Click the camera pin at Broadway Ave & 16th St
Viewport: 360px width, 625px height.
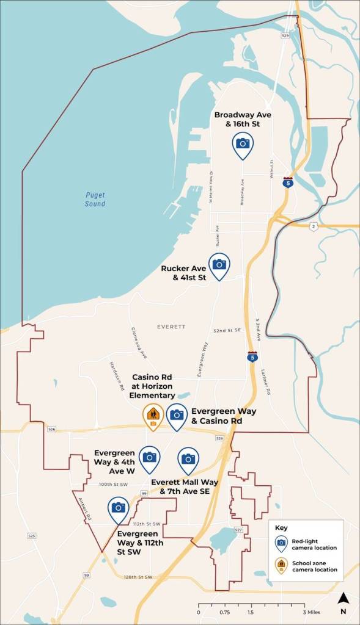pyautogui.click(x=243, y=144)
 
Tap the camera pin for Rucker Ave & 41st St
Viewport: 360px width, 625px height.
pyautogui.click(x=219, y=265)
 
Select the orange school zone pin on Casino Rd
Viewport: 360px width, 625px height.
pyautogui.click(x=153, y=416)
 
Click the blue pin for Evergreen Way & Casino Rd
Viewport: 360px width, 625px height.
pyautogui.click(x=177, y=415)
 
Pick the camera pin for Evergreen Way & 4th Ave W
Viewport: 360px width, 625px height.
pyautogui.click(x=149, y=458)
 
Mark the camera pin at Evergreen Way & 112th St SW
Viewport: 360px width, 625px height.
pyautogui.click(x=118, y=508)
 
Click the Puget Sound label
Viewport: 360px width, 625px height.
pyautogui.click(x=95, y=200)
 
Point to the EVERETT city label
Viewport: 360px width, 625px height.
pyautogui.click(x=171, y=327)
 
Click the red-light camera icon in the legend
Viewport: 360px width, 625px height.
pyautogui.click(x=281, y=542)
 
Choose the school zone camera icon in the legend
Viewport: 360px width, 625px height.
pyautogui.click(x=281, y=565)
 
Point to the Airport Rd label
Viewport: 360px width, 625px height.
pyautogui.click(x=85, y=508)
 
